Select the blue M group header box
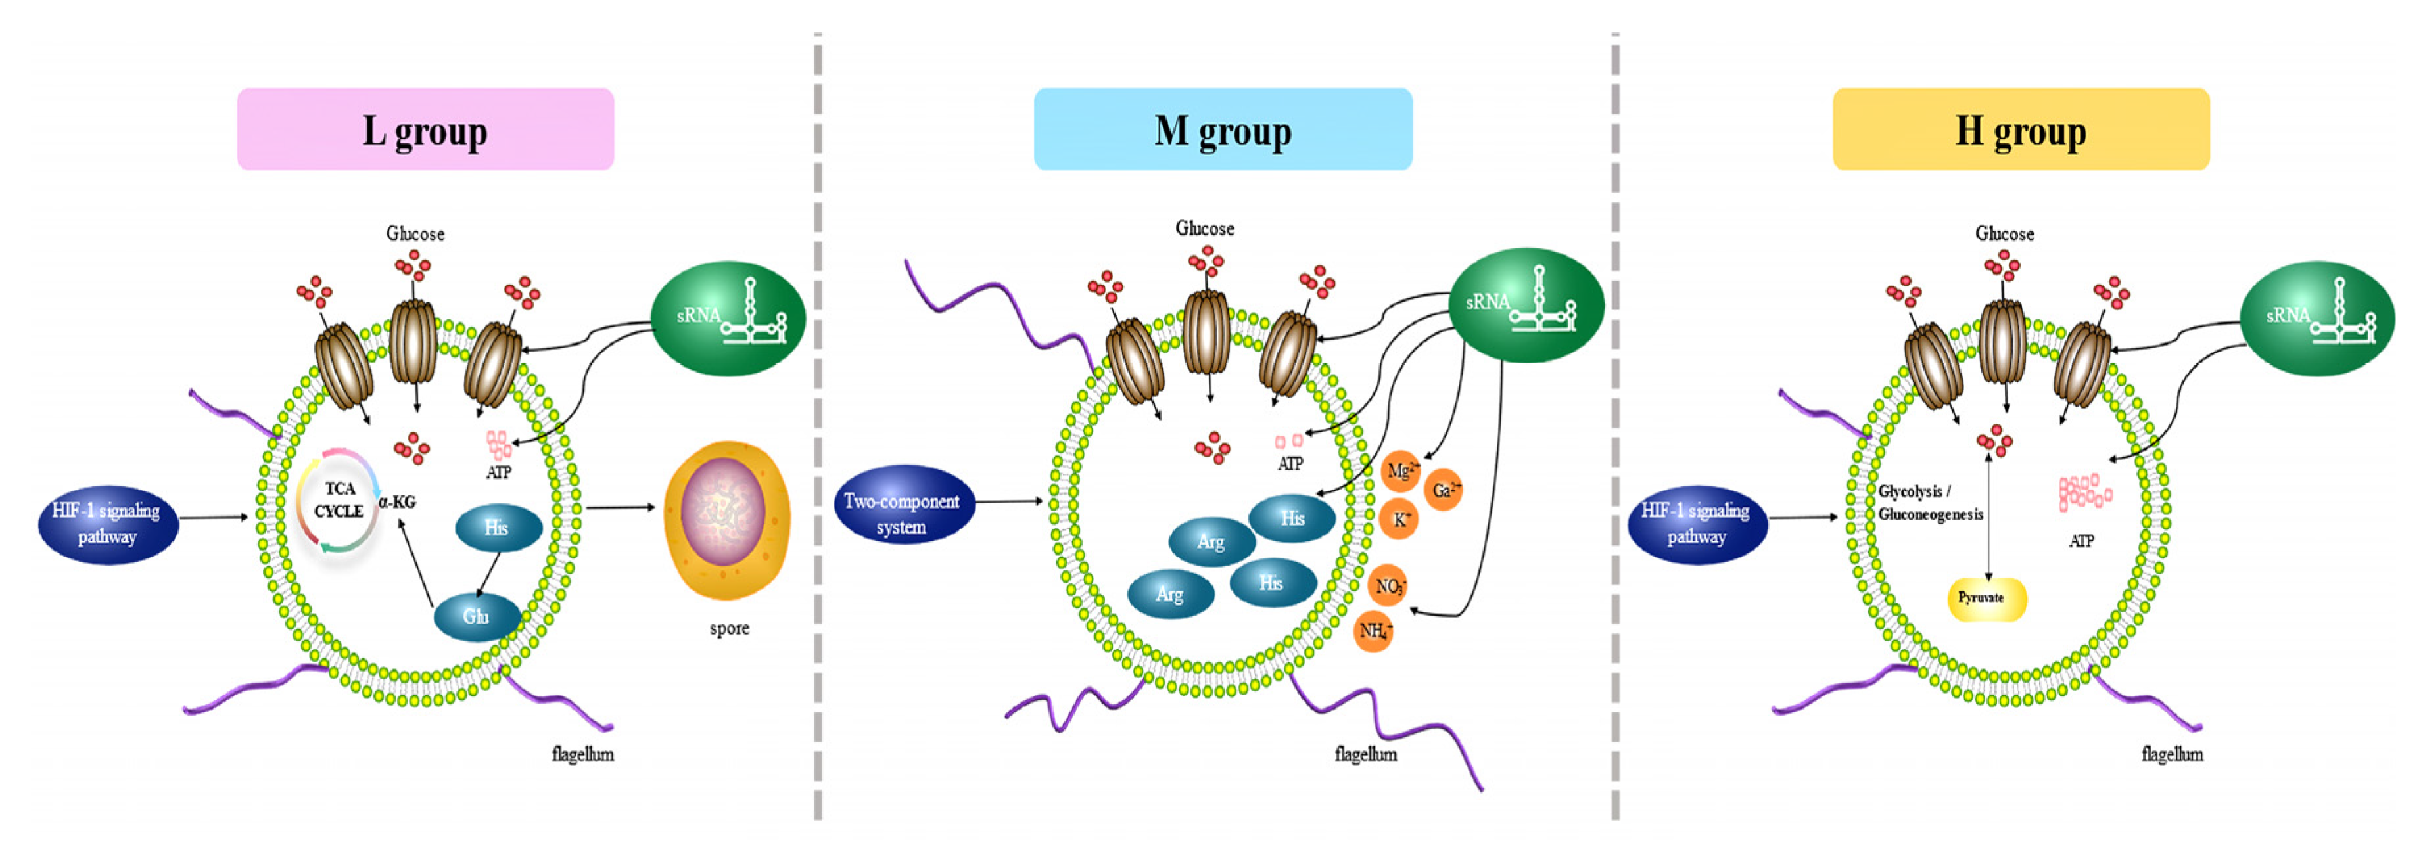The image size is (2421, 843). click(1223, 129)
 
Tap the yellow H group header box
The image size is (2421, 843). click(2021, 129)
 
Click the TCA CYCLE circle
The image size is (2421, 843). click(339, 500)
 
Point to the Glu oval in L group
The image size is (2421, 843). click(477, 616)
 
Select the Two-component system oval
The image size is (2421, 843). click(903, 513)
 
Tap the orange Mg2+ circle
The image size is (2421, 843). click(1400, 470)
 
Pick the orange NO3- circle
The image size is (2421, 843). click(1389, 587)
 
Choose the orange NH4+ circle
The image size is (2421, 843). click(1374, 631)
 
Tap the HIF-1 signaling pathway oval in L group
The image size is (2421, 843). click(107, 524)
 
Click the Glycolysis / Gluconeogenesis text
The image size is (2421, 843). click(1929, 503)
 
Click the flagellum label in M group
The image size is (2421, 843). click(1365, 754)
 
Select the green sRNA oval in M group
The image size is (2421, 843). click(1526, 304)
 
